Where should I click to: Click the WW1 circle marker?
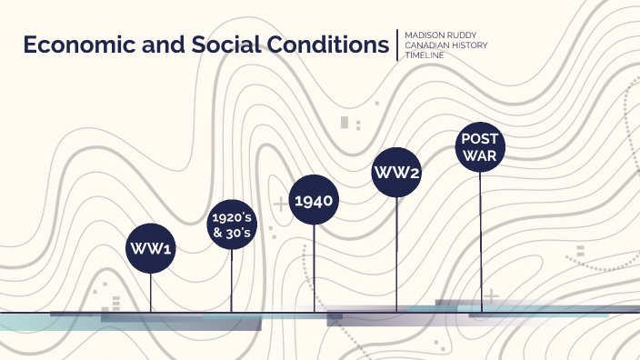[x=151, y=248]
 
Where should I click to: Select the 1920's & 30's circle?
[x=232, y=225]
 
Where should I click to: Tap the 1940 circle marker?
[x=315, y=201]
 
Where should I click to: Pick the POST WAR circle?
[x=480, y=147]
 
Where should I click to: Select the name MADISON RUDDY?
[x=440, y=36]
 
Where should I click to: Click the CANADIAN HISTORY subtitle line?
[x=445, y=45]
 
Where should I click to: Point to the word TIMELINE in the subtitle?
[x=425, y=55]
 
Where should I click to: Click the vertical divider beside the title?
[x=397, y=45]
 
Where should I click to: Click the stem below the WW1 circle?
[x=151, y=293]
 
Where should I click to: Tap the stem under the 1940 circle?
[x=315, y=268]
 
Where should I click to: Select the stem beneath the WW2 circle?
[x=396, y=255]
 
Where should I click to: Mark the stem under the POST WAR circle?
[x=480, y=241]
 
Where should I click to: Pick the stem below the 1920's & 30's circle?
[x=232, y=282]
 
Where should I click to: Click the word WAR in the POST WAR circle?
[x=480, y=155]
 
